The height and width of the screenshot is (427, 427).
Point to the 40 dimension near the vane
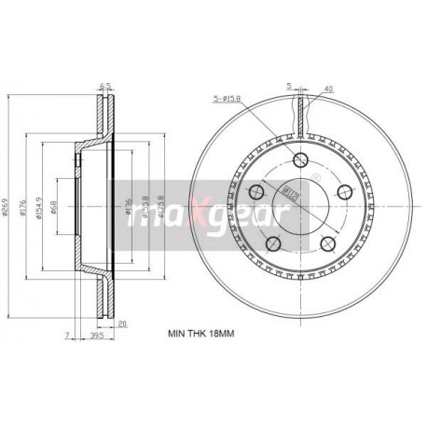pos(327,90)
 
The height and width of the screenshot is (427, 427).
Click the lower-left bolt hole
pos(272,243)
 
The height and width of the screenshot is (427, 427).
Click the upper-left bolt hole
pos(255,191)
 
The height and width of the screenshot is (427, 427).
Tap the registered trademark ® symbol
pos(315,176)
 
